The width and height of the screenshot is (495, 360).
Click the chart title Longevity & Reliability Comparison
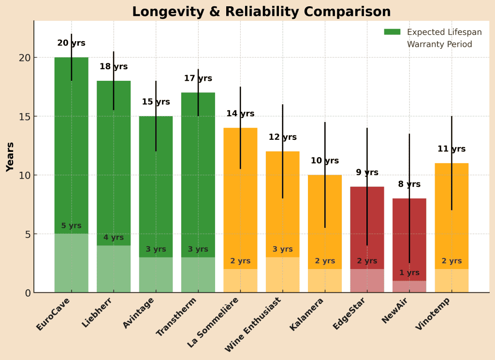pyautogui.click(x=261, y=12)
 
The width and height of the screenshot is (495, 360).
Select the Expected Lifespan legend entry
pyautogui.click(x=444, y=32)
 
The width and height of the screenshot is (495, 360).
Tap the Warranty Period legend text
pyautogui.click(x=439, y=45)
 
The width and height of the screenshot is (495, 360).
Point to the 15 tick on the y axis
pyautogui.click(x=25, y=117)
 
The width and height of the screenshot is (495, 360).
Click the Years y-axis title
pyautogui.click(x=10, y=157)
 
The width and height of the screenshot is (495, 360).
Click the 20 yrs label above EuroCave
pyautogui.click(x=71, y=43)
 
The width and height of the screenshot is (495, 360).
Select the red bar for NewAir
pyautogui.click(x=409, y=232)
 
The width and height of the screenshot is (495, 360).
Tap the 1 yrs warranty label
pyautogui.click(x=409, y=273)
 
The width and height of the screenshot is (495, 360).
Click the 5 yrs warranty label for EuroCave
pyautogui.click(x=71, y=226)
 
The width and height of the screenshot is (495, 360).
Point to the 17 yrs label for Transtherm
pyautogui.click(x=198, y=78)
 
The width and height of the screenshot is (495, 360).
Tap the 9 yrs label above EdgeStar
pyautogui.click(x=367, y=173)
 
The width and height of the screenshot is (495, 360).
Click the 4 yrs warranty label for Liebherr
pyautogui.click(x=114, y=238)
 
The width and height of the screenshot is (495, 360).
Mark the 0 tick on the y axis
pyautogui.click(x=28, y=293)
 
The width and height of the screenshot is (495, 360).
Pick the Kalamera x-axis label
pyautogui.click(x=306, y=315)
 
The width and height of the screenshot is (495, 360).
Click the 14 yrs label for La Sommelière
pyautogui.click(x=240, y=114)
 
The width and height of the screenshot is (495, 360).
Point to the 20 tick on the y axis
pyautogui.click(x=25, y=58)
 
